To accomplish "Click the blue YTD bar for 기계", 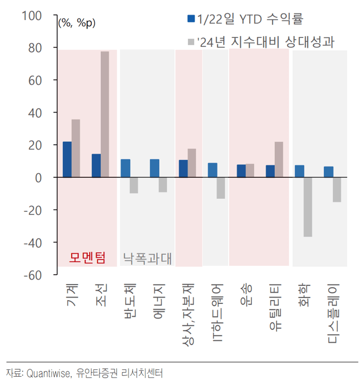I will [x=67, y=159].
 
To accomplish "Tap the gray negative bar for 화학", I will [x=308, y=207].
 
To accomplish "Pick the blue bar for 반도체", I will [x=125, y=168].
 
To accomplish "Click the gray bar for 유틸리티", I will [x=279, y=159].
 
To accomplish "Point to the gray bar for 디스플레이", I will [x=337, y=189].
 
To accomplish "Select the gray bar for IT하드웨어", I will [x=221, y=188].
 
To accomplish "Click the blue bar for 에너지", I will [x=154, y=168].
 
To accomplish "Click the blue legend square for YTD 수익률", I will [x=191, y=19].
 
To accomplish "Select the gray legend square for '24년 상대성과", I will [x=191, y=42].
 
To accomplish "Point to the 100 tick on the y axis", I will [x=33, y=16].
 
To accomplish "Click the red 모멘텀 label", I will [x=87, y=258].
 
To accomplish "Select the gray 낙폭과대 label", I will [x=147, y=258].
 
